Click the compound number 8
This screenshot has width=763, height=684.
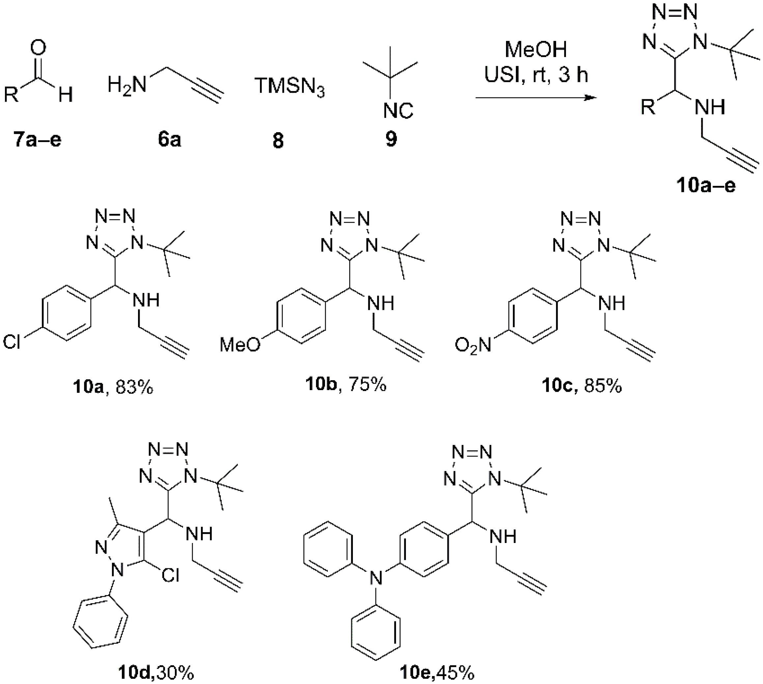click(278, 141)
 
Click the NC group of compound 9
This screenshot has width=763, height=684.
click(398, 110)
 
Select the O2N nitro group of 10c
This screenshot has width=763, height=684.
click(473, 345)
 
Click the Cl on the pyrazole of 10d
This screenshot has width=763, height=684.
click(170, 575)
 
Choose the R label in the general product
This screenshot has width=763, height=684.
click(648, 108)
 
